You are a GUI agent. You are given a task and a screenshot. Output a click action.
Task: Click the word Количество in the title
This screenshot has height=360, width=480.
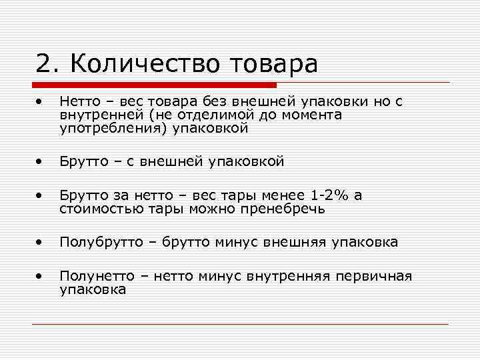pyautogui.click(x=147, y=64)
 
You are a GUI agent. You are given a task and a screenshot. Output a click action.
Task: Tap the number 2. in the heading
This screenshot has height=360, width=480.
pyautogui.click(x=49, y=64)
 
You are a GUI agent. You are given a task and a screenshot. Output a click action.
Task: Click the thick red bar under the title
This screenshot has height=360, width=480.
pyautogui.click(x=154, y=85)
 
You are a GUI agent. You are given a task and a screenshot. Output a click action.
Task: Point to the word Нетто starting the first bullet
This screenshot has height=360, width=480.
pyautogui.click(x=78, y=102)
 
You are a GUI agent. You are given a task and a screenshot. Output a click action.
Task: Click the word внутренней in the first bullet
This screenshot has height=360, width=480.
pyautogui.click(x=93, y=115)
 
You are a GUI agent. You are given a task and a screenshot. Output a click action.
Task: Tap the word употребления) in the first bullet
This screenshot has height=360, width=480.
pyautogui.click(x=114, y=129)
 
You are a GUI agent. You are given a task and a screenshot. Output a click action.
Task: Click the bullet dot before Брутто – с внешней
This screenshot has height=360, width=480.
pyautogui.click(x=41, y=161)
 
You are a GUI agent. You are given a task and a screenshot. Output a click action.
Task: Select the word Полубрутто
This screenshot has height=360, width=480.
pyautogui.click(x=101, y=242)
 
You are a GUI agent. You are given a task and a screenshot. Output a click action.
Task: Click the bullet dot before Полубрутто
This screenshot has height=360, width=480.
pyautogui.click(x=41, y=241)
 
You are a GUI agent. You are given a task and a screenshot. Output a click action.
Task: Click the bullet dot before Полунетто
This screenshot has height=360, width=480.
pyautogui.click(x=41, y=275)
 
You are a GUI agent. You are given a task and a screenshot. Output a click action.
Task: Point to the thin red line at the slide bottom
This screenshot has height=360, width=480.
pyautogui.click(x=240, y=324)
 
